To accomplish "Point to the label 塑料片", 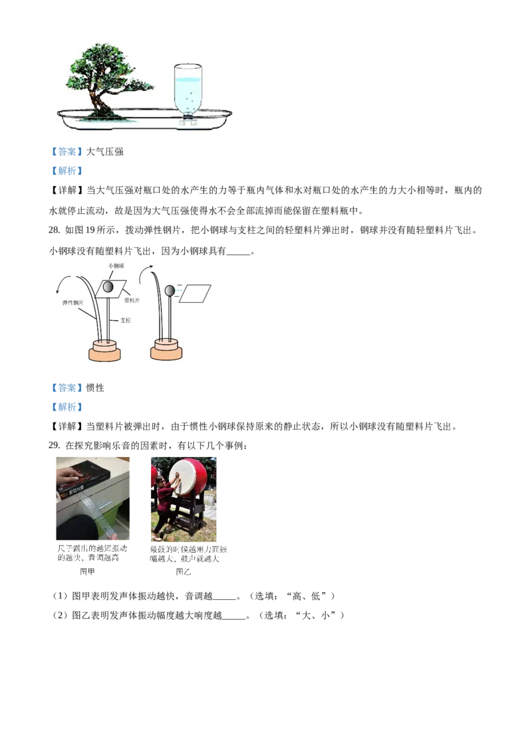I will point(132,300).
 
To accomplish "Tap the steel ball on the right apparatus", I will point(170,290).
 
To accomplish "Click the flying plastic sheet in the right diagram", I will point(196,293).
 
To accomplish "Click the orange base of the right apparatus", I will point(166,349).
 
